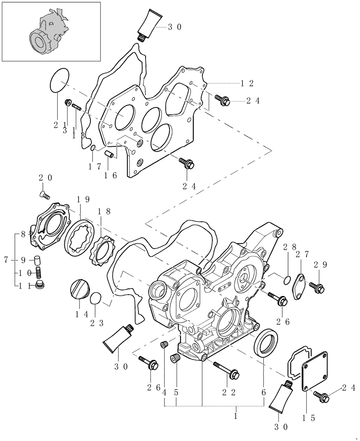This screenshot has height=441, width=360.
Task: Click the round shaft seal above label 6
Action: (x=266, y=342)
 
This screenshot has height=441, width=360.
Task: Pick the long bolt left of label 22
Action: (x=225, y=370)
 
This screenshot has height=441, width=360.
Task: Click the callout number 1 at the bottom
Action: (x=236, y=415)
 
